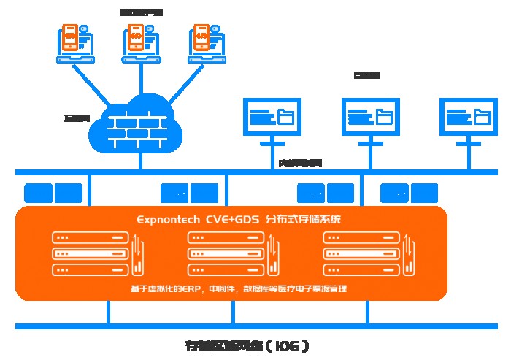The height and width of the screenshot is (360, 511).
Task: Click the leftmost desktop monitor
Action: (270, 117)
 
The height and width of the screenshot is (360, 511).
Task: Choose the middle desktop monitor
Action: (370, 117)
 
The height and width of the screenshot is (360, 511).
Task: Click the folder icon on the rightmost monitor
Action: (481, 115)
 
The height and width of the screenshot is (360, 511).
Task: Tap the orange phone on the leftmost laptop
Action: (70, 38)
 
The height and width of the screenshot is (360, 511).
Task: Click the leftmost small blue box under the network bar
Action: (39, 193)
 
